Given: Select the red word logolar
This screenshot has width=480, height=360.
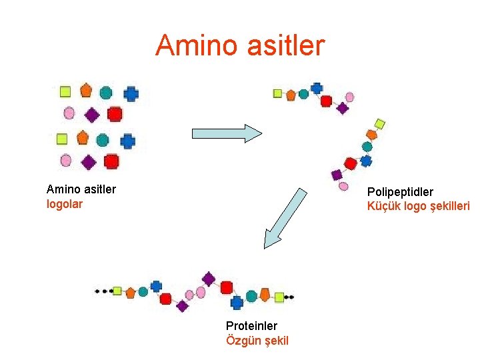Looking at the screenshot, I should [65, 204].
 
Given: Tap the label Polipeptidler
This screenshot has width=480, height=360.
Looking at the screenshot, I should [400, 192].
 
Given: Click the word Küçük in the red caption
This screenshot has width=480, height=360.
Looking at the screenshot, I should [383, 206].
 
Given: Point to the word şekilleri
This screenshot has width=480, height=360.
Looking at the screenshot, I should [447, 206].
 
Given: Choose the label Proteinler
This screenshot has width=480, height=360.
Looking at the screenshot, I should [251, 326].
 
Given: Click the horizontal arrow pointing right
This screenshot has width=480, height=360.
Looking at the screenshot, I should [227, 133].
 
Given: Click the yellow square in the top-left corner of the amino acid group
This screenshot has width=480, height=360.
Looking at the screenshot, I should [65, 91].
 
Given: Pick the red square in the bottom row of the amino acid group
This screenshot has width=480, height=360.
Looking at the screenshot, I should [111, 161].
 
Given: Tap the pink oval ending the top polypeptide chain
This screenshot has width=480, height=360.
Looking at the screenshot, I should [349, 97].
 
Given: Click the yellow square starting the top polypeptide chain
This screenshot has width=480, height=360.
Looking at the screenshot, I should [277, 93].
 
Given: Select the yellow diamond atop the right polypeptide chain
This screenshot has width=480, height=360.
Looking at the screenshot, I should [379, 123].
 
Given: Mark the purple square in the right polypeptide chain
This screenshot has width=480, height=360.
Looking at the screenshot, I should [337, 175].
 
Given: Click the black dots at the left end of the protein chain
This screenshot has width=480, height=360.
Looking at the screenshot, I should [103, 291].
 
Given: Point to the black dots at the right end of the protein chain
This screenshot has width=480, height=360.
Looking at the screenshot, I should [289, 297].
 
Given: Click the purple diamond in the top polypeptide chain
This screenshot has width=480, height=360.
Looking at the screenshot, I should [343, 108].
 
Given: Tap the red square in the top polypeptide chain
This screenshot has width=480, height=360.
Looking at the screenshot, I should [326, 101].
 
